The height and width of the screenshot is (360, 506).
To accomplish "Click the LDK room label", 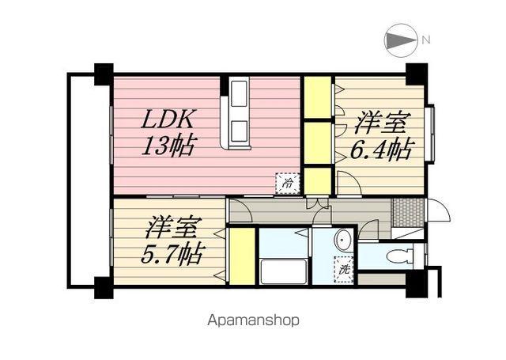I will click(x=167, y=120).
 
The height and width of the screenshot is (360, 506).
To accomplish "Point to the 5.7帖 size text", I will click(x=172, y=254).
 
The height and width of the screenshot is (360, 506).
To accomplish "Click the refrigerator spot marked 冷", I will click(x=288, y=183).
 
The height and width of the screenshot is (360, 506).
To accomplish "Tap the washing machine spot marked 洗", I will click(x=345, y=268).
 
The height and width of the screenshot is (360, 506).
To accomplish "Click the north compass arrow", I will click(x=401, y=40).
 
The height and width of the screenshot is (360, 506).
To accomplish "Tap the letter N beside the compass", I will click(x=426, y=40).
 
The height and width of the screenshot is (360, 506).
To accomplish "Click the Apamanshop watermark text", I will click(x=253, y=321).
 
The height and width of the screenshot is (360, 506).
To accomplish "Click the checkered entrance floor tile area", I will click(x=408, y=212).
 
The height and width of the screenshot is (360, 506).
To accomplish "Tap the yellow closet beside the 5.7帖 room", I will click(x=242, y=256).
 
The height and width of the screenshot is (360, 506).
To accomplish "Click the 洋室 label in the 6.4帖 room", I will click(x=381, y=123).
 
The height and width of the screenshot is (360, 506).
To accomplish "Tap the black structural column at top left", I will click(x=104, y=73).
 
